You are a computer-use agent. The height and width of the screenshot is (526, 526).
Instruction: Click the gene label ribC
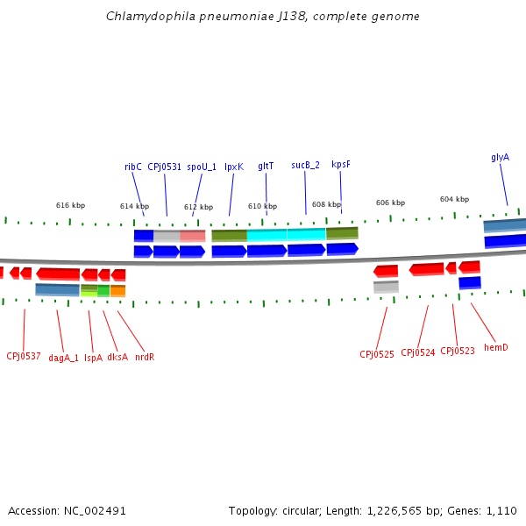132,167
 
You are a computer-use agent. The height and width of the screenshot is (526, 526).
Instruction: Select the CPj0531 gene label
164,167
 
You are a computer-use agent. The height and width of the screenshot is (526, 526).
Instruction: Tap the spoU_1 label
202,167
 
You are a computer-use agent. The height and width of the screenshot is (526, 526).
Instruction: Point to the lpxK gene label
234,166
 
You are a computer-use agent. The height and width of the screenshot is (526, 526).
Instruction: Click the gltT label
266,166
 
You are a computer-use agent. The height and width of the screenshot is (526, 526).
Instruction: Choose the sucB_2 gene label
305,165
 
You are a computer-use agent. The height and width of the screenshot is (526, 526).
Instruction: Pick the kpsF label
341,164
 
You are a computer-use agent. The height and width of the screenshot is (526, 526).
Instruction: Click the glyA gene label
500,158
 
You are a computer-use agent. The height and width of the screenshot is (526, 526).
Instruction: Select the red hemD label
496,347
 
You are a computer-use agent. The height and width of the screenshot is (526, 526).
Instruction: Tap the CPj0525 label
377,354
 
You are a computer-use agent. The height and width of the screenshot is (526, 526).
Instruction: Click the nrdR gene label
145,357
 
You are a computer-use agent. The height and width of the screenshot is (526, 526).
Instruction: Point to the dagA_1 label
63,358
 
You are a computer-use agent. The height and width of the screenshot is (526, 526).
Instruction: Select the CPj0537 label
24,356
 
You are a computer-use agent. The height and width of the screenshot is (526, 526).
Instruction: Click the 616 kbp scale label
70,205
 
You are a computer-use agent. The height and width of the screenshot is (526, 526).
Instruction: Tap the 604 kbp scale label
454,199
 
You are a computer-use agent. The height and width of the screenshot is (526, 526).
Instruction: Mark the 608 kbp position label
326,204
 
